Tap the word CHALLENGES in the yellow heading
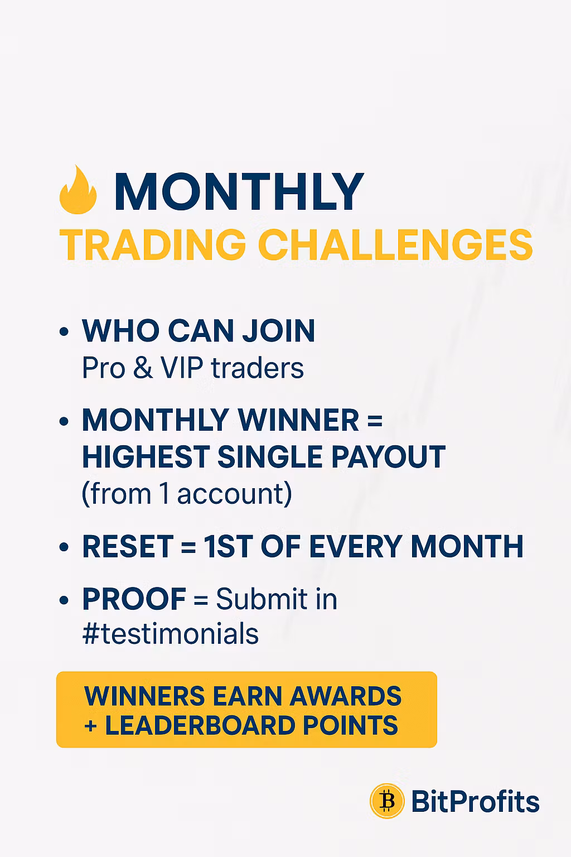(395, 245)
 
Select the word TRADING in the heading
(153, 245)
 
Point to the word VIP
(182, 368)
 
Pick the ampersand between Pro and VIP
(143, 368)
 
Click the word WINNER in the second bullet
(299, 420)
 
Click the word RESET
(128, 546)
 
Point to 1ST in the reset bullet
(228, 546)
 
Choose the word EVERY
(355, 546)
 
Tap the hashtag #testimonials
(171, 634)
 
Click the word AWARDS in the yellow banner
(345, 696)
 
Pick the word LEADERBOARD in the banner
(200, 725)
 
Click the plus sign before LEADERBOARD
(91, 726)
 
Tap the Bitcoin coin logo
(387, 801)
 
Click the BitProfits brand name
(476, 801)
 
